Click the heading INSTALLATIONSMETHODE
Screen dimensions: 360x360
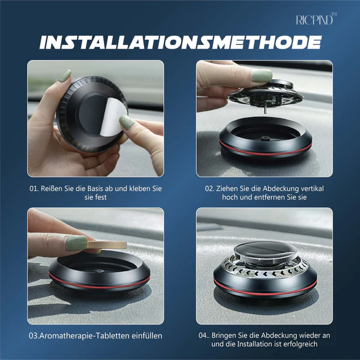[181, 42]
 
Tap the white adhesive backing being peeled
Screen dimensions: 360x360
[113, 116]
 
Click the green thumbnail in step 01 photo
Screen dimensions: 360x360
[127, 122]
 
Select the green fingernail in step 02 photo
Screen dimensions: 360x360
[262, 76]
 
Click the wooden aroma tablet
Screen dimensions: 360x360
[107, 245]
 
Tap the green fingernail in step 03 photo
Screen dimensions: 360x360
[76, 243]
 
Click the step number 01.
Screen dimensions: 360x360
[34, 189]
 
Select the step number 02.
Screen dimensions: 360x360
[209, 189]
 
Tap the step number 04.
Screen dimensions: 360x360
[203, 335]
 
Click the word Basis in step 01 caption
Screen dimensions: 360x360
[95, 188]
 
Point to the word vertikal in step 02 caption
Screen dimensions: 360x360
[312, 188]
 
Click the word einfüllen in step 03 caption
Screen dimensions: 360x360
[147, 335]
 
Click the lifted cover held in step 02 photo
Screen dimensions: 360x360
[266, 94]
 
